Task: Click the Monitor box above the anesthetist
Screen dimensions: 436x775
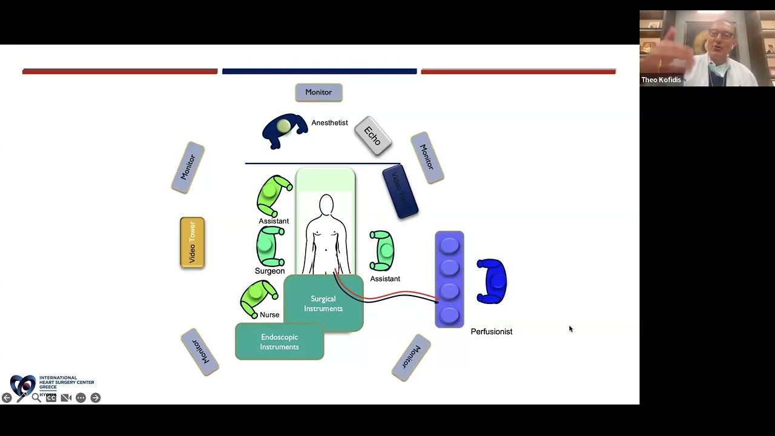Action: pyautogui.click(x=318, y=92)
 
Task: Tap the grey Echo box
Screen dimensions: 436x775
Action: pyautogui.click(x=372, y=136)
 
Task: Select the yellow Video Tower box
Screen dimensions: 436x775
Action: pyautogui.click(x=192, y=243)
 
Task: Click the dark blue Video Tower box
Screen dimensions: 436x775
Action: pyautogui.click(x=400, y=191)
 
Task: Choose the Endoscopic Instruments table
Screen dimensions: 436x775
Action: pyautogui.click(x=279, y=342)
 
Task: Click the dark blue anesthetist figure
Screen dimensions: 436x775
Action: pyautogui.click(x=283, y=129)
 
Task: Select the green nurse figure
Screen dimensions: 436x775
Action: pyautogui.click(x=258, y=297)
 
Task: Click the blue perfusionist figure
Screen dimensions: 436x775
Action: pyautogui.click(x=493, y=281)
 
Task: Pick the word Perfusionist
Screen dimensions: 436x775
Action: pyautogui.click(x=491, y=332)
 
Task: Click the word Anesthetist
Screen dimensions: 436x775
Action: pyautogui.click(x=329, y=123)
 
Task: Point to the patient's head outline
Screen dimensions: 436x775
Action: pyautogui.click(x=326, y=205)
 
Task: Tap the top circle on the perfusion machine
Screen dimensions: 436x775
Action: pyautogui.click(x=449, y=245)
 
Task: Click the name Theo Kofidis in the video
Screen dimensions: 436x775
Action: pyautogui.click(x=661, y=80)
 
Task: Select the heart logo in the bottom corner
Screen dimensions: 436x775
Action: pyautogui.click(x=23, y=385)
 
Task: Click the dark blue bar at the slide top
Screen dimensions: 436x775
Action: pyautogui.click(x=319, y=71)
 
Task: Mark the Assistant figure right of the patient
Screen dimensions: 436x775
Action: pyautogui.click(x=383, y=250)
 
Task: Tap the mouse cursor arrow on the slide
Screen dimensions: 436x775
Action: pyautogui.click(x=570, y=329)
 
